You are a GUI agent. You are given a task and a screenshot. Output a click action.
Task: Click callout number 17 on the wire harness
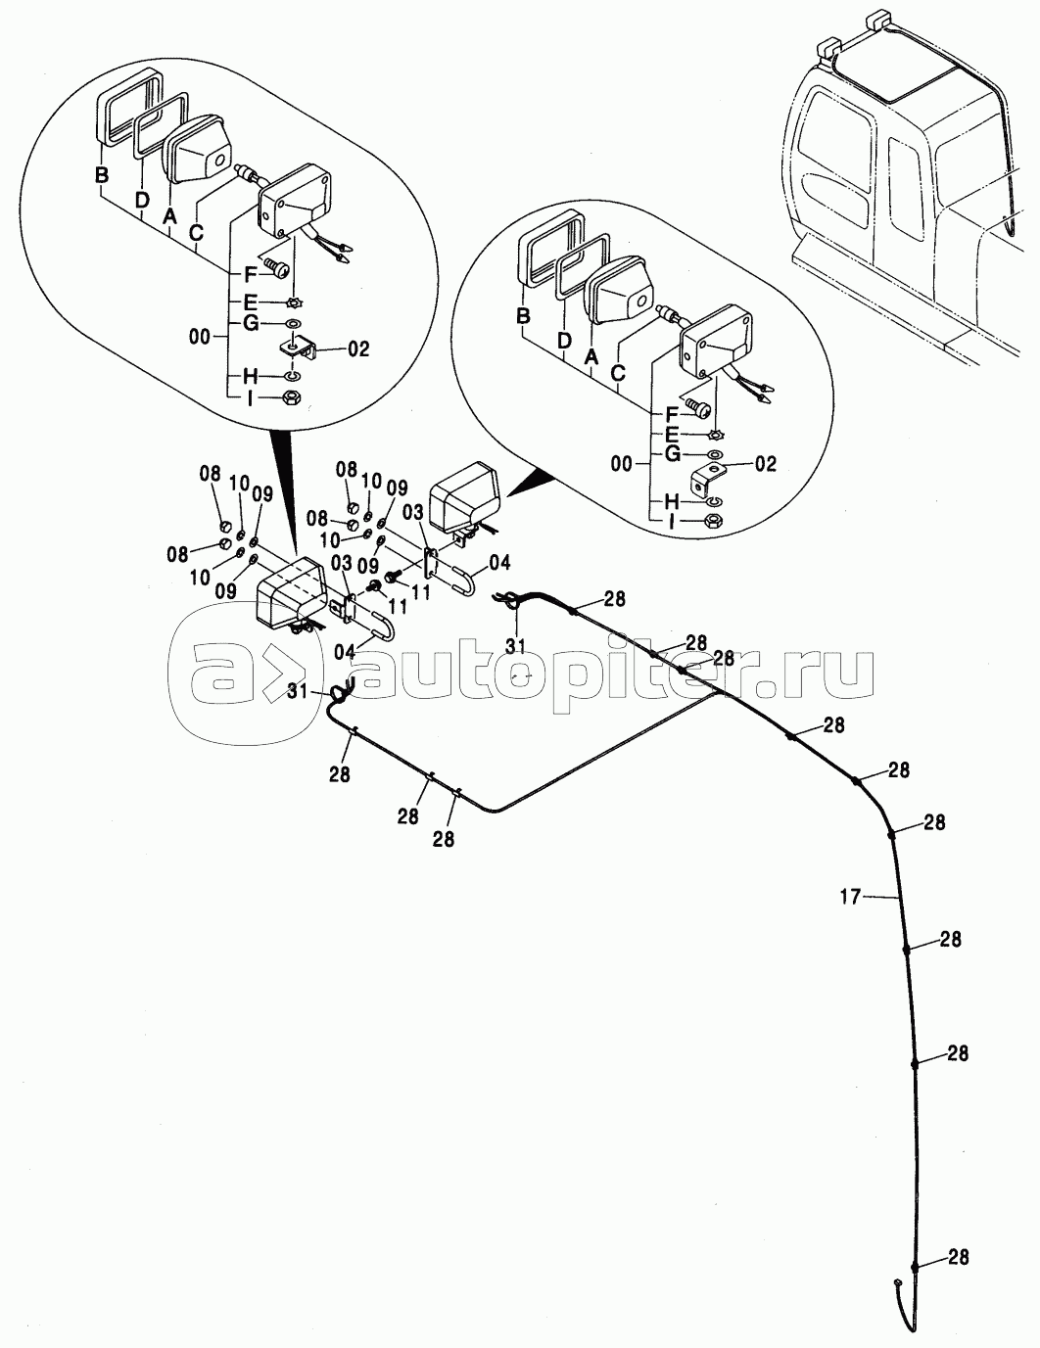(x=850, y=895)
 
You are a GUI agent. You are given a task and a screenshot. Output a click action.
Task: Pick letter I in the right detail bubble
(x=671, y=523)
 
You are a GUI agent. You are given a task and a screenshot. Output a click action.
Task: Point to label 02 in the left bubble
(x=357, y=349)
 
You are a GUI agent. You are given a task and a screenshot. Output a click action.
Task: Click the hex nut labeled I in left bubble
(x=291, y=398)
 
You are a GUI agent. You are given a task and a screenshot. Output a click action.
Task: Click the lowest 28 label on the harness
(x=959, y=1258)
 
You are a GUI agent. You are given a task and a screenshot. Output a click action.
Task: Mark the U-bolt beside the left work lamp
(x=380, y=626)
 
